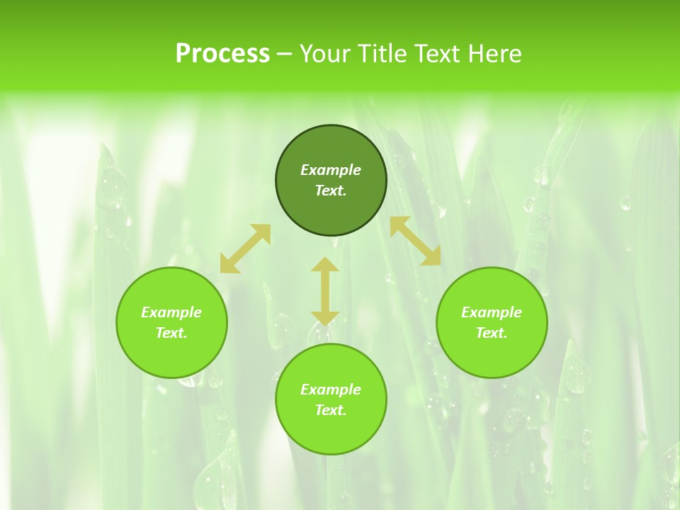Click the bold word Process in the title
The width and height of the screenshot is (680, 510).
point(222,54)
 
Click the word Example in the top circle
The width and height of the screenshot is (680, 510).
point(331,170)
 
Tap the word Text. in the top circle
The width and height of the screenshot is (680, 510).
point(331,191)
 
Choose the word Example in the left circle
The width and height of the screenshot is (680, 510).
point(171,312)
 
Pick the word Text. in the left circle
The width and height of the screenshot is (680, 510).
point(171,333)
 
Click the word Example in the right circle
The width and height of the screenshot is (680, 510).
point(492,312)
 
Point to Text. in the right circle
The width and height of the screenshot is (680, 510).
point(492,333)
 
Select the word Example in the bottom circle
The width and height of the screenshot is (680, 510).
point(331,390)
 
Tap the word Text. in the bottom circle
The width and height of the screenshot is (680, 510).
point(331,410)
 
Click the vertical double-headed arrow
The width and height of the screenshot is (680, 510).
point(325,291)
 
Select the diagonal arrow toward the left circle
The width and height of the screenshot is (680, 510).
point(245,248)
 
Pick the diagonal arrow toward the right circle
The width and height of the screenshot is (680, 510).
point(416,241)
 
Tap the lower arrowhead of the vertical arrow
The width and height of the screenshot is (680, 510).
point(325,318)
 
